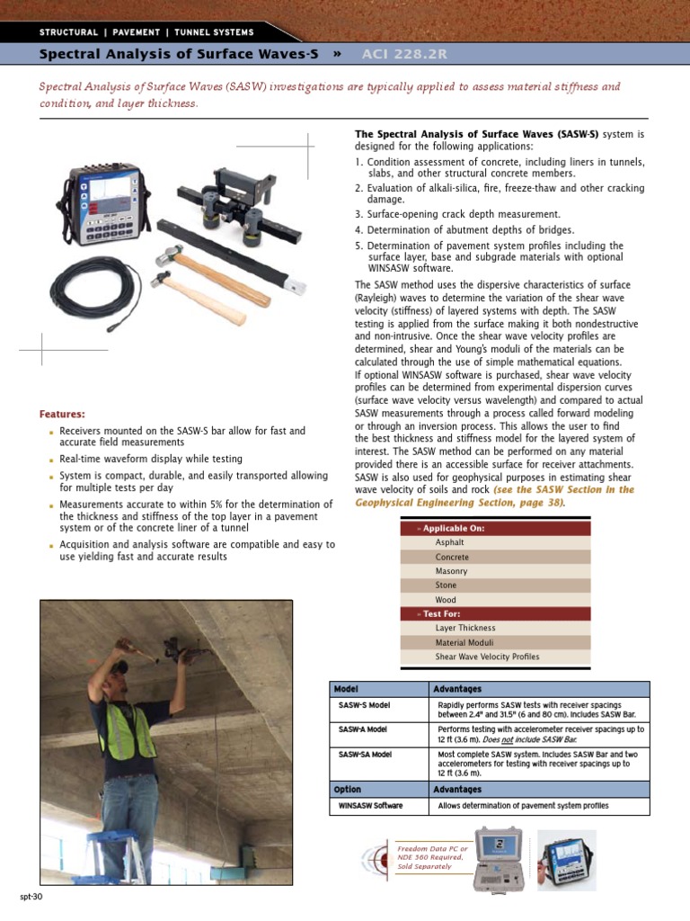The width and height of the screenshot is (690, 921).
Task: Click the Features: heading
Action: click(62, 414)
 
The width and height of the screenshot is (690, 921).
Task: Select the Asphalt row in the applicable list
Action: click(449, 543)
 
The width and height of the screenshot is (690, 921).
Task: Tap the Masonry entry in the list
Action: click(451, 571)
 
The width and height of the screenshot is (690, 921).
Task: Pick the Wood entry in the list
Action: click(446, 600)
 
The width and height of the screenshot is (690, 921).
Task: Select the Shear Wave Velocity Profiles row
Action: click(487, 657)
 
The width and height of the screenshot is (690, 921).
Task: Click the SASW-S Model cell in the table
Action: click(364, 705)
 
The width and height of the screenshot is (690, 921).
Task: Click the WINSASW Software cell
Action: click(370, 806)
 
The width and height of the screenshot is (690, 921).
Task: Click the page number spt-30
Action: click(31, 898)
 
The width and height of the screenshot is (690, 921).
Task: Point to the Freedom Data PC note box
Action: click(432, 856)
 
